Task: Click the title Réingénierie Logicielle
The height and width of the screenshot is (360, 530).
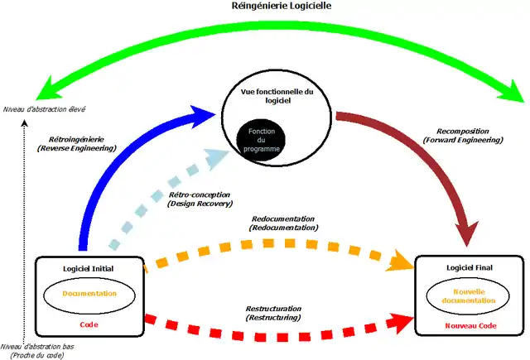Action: pyautogui.click(x=265, y=7)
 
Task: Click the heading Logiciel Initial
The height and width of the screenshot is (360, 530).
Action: pyautogui.click(x=89, y=269)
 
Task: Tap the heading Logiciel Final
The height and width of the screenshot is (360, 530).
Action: pyautogui.click(x=470, y=269)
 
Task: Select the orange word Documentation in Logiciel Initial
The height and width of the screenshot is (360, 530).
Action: pyautogui.click(x=89, y=293)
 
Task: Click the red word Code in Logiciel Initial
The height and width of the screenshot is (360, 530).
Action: pyautogui.click(x=89, y=325)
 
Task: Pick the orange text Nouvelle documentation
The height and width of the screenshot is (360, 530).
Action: pyautogui.click(x=470, y=295)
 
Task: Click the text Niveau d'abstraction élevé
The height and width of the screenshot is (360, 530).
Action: pyautogui.click(x=45, y=108)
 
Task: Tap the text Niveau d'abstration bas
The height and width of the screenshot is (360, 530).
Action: pyautogui.click(x=36, y=347)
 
